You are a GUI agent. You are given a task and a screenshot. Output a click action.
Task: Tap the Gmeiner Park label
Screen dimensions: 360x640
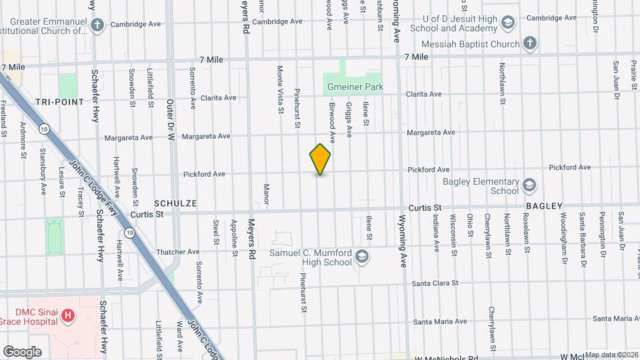coord(353,87)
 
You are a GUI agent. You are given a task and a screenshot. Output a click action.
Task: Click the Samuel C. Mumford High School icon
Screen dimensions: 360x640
coord(361,257)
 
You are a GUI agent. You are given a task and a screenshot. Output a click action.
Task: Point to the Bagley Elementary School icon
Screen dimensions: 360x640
coord(529,185)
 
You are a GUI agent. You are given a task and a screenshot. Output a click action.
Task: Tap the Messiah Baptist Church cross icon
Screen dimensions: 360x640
coord(529,44)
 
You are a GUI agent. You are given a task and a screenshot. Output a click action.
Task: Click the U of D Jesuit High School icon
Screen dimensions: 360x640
coord(508,23)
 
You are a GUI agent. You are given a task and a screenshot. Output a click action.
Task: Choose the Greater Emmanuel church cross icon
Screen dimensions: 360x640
coord(98,26)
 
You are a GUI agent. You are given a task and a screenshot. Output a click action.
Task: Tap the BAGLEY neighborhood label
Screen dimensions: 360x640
coord(544,207)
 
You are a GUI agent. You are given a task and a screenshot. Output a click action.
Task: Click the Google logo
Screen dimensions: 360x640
coord(22,351)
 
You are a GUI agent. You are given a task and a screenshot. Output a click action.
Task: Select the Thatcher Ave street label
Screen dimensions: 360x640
coord(177,252)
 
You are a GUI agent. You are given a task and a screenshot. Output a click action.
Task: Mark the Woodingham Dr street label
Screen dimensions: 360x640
coord(563,233)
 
